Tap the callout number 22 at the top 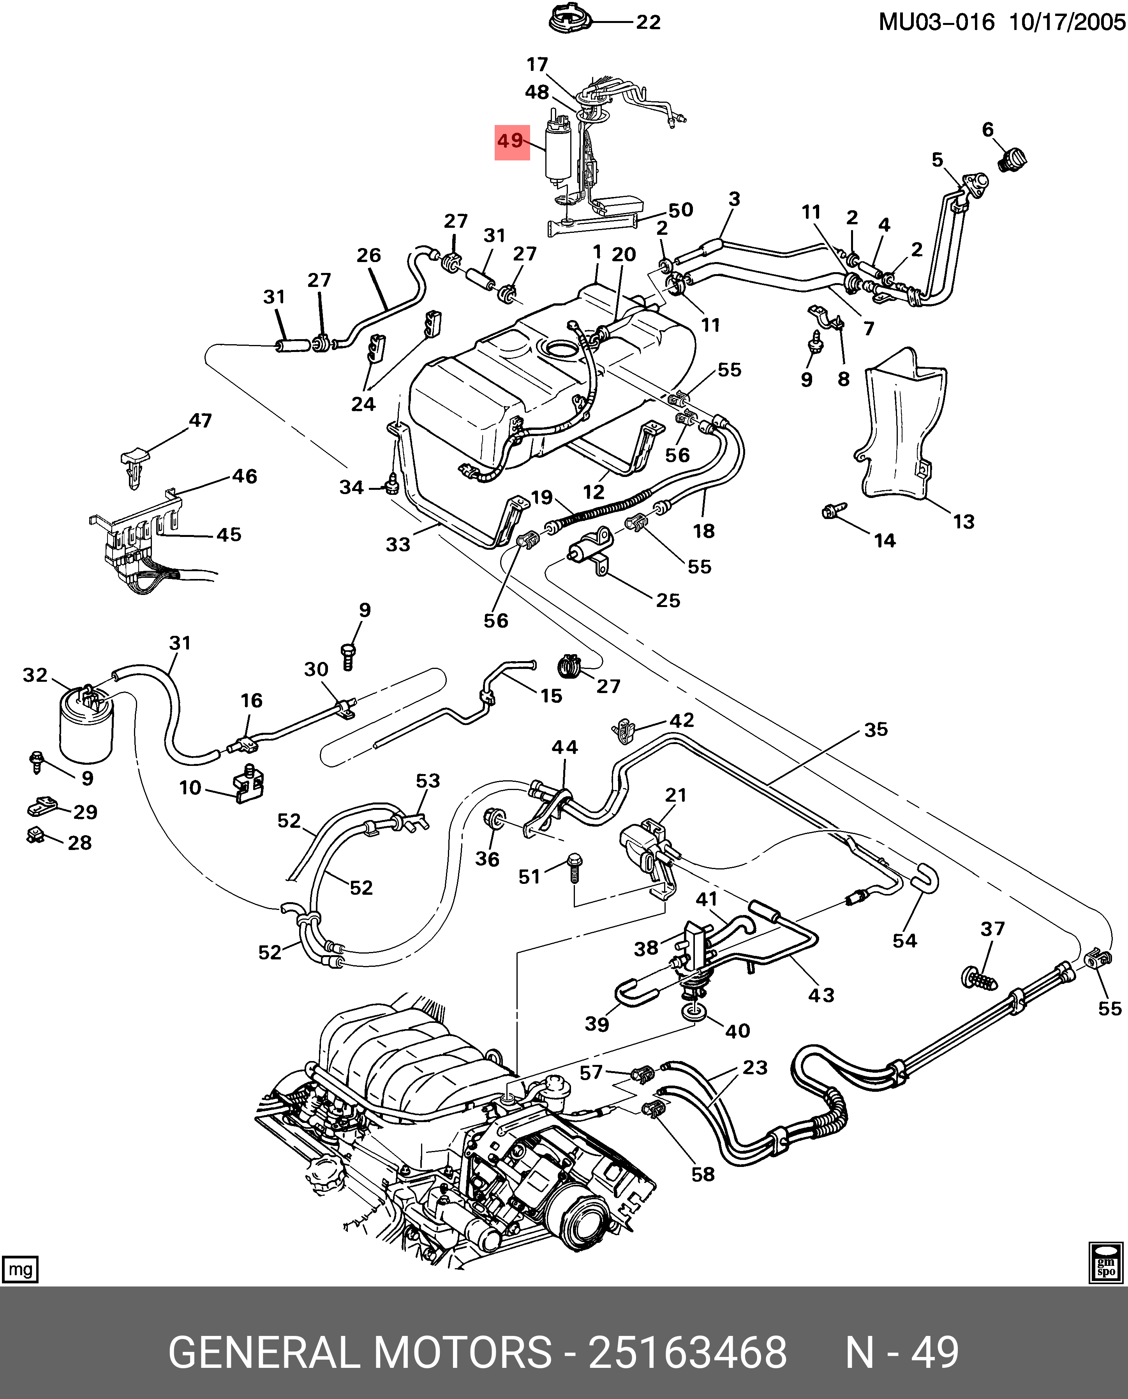pos(648,23)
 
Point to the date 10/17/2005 pos(1067,23)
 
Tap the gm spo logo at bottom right pos(1106,1263)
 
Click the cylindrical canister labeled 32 pos(85,724)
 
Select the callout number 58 pos(702,1174)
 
